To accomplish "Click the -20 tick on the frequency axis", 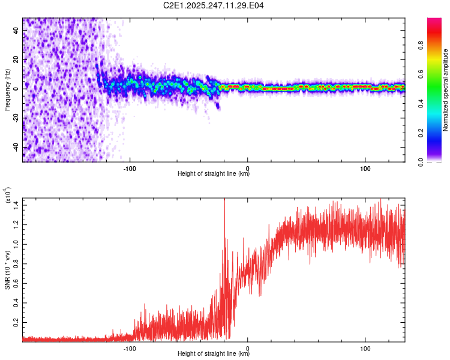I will point(16,118).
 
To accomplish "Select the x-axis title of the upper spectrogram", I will point(214,174).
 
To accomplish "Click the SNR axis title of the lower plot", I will point(7,270).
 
